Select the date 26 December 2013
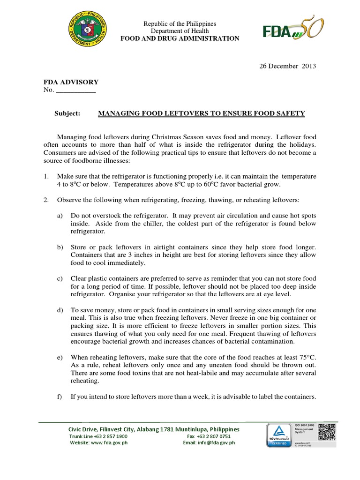[x=288, y=66]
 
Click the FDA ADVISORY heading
[x=71, y=82]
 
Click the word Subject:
[x=67, y=113]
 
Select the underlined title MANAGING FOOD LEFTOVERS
[x=201, y=113]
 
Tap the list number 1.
[x=46, y=176]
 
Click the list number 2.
[x=46, y=200]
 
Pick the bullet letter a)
[x=60, y=216]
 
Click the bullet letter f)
[x=60, y=397]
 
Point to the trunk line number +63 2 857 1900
[x=109, y=436]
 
